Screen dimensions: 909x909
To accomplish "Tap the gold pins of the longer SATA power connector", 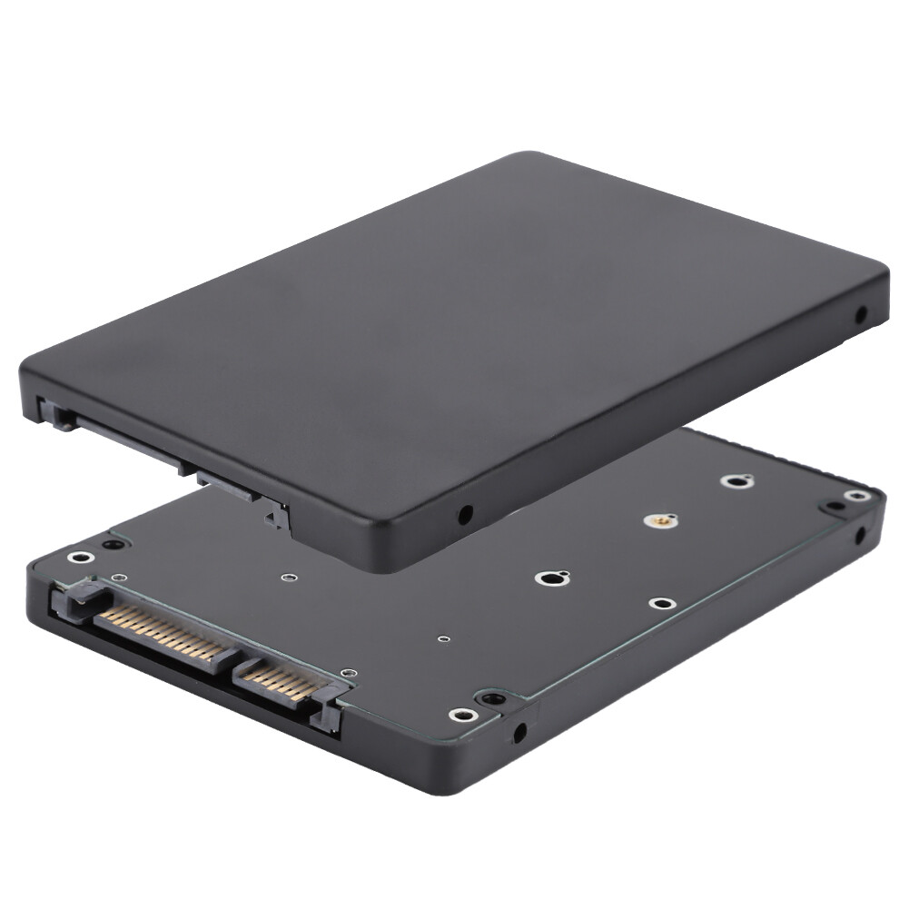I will click(x=163, y=629).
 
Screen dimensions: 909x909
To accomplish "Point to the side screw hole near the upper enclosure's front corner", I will click(x=465, y=515).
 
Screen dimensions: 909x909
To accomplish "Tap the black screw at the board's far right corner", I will click(x=831, y=507).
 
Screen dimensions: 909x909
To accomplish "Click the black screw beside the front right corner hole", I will click(x=490, y=698).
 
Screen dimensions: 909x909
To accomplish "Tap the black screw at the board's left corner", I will click(x=111, y=545).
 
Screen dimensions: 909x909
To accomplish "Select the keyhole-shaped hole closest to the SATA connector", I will click(x=550, y=578).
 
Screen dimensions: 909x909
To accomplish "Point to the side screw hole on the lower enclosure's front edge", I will click(x=519, y=730).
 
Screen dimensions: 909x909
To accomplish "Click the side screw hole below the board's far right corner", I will click(x=860, y=535).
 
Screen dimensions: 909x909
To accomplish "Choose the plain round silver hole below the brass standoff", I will click(x=661, y=603).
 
